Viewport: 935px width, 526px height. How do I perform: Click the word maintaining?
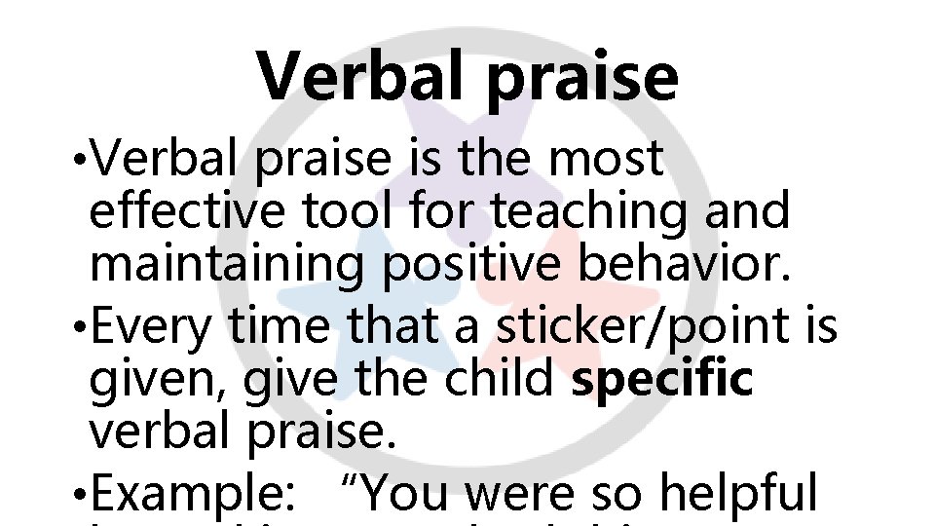226,264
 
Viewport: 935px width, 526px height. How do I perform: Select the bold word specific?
662,380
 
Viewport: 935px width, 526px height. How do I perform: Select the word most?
606,159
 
